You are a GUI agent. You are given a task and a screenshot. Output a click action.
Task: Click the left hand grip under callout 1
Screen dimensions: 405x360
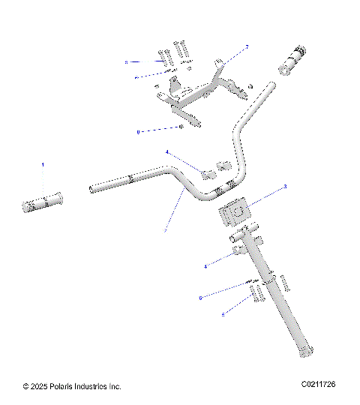43,202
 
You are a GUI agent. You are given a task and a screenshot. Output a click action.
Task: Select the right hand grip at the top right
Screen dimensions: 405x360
293,61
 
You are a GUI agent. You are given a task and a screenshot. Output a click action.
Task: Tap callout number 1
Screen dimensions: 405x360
43,164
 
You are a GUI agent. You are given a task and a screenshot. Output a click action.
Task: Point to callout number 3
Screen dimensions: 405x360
284,186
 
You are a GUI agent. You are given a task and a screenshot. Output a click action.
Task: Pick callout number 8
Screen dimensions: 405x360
138,132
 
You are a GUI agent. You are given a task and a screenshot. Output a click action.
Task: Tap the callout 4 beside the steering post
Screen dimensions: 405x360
205,265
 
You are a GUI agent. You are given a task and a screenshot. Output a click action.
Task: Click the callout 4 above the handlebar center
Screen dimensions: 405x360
166,152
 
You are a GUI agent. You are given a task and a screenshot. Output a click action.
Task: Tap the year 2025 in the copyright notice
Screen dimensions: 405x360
41,386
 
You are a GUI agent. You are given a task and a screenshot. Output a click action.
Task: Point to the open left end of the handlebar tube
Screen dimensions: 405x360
92,188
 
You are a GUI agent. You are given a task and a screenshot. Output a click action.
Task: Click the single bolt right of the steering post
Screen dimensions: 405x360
284,283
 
